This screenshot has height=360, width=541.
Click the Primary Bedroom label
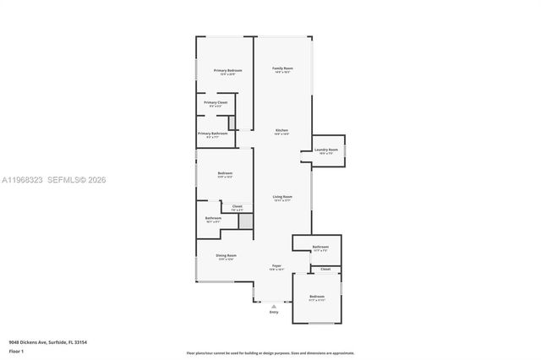pyautogui.click(x=227, y=70)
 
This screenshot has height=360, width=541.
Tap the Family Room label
pyautogui.click(x=282, y=68)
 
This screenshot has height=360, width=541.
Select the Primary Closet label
pyautogui.click(x=216, y=102)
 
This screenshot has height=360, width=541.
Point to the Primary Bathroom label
pyautogui.click(x=212, y=133)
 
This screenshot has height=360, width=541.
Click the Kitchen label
pyautogui.click(x=281, y=130)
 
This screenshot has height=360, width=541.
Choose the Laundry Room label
pyautogui.click(x=326, y=150)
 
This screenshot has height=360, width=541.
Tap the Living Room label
pyautogui.click(x=282, y=197)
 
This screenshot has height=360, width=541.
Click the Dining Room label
pyautogui.click(x=226, y=255)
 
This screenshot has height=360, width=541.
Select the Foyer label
pyautogui.click(x=276, y=265)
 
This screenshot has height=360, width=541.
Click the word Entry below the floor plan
pyautogui.click(x=274, y=313)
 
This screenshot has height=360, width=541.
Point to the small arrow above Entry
pyautogui.click(x=274, y=305)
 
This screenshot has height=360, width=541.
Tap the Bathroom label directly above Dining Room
pyautogui.click(x=213, y=218)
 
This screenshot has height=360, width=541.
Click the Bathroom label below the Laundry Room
pyautogui.click(x=320, y=247)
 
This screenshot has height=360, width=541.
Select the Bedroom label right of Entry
pyautogui.click(x=317, y=297)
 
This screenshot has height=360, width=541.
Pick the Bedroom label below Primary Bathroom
pyautogui.click(x=225, y=173)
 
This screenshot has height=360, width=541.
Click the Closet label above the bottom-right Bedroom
pyautogui.click(x=325, y=270)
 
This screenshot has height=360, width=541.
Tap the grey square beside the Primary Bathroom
pyautogui.click(x=232, y=123)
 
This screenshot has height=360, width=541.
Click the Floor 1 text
pyautogui.click(x=16, y=350)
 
